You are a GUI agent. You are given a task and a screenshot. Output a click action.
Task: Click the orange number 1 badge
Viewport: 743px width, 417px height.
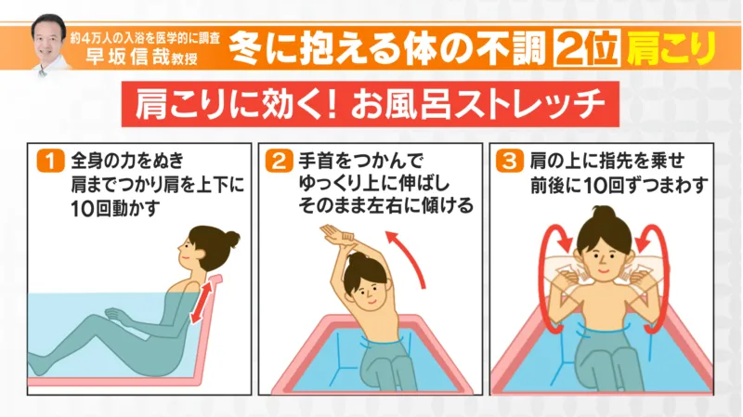(50, 161)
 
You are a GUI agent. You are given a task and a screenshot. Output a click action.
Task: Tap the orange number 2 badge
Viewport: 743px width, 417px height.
(279, 161)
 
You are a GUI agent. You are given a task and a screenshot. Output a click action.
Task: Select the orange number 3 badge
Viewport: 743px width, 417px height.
(509, 161)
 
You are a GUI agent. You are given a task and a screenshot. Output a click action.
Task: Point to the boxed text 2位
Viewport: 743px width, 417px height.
(587, 48)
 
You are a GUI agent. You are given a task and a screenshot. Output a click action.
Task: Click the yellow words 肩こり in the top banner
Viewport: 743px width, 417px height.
(671, 48)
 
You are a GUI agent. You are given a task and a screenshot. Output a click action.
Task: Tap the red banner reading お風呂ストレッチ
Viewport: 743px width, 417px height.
(370, 104)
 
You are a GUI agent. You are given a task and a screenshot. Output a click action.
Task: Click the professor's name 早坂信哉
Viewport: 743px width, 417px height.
(127, 57)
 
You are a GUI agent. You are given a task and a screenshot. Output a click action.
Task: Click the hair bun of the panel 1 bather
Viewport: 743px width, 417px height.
(232, 238)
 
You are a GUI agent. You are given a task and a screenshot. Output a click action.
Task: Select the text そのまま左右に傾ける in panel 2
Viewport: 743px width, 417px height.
(385, 205)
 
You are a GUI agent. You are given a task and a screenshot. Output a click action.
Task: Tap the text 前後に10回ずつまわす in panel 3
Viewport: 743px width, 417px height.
(619, 185)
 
